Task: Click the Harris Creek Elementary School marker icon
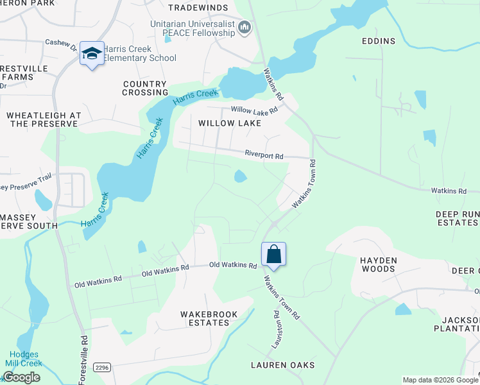(92, 55)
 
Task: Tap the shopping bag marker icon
(273, 254)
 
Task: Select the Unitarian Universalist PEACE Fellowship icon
(244, 27)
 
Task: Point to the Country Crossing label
(144, 89)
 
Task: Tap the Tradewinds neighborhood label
(198, 8)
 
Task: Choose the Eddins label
(378, 41)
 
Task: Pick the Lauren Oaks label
(282, 365)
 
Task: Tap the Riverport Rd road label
(264, 154)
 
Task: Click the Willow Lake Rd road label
(254, 110)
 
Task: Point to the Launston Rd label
(277, 329)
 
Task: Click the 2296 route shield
(101, 367)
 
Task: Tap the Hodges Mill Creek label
(23, 359)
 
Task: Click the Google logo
(21, 377)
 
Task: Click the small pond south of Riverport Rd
(240, 176)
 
